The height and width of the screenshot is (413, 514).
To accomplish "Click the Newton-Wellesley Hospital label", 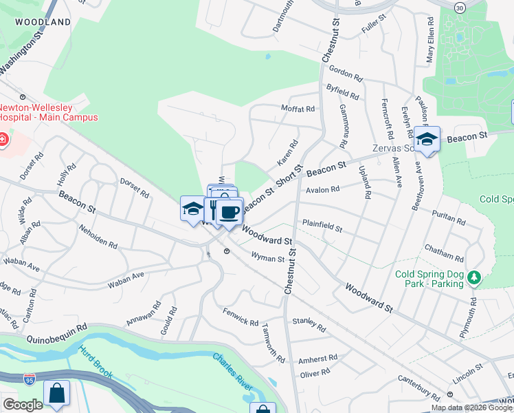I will click(x=48, y=112).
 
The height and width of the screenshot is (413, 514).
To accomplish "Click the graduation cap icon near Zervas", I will click(x=427, y=139).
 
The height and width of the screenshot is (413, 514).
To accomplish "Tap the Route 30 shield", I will click(x=459, y=6).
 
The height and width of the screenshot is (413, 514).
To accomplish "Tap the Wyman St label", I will click(x=267, y=259).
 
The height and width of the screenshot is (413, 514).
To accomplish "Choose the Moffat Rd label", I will click(x=298, y=109).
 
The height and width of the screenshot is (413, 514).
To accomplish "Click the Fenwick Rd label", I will click(x=241, y=317).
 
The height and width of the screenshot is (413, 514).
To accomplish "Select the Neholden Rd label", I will click(x=98, y=236).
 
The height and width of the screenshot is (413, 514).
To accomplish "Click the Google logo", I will click(x=23, y=405).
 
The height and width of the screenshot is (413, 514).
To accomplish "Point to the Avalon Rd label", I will click(x=323, y=189).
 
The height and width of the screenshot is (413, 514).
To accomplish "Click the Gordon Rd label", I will click(x=345, y=71).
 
